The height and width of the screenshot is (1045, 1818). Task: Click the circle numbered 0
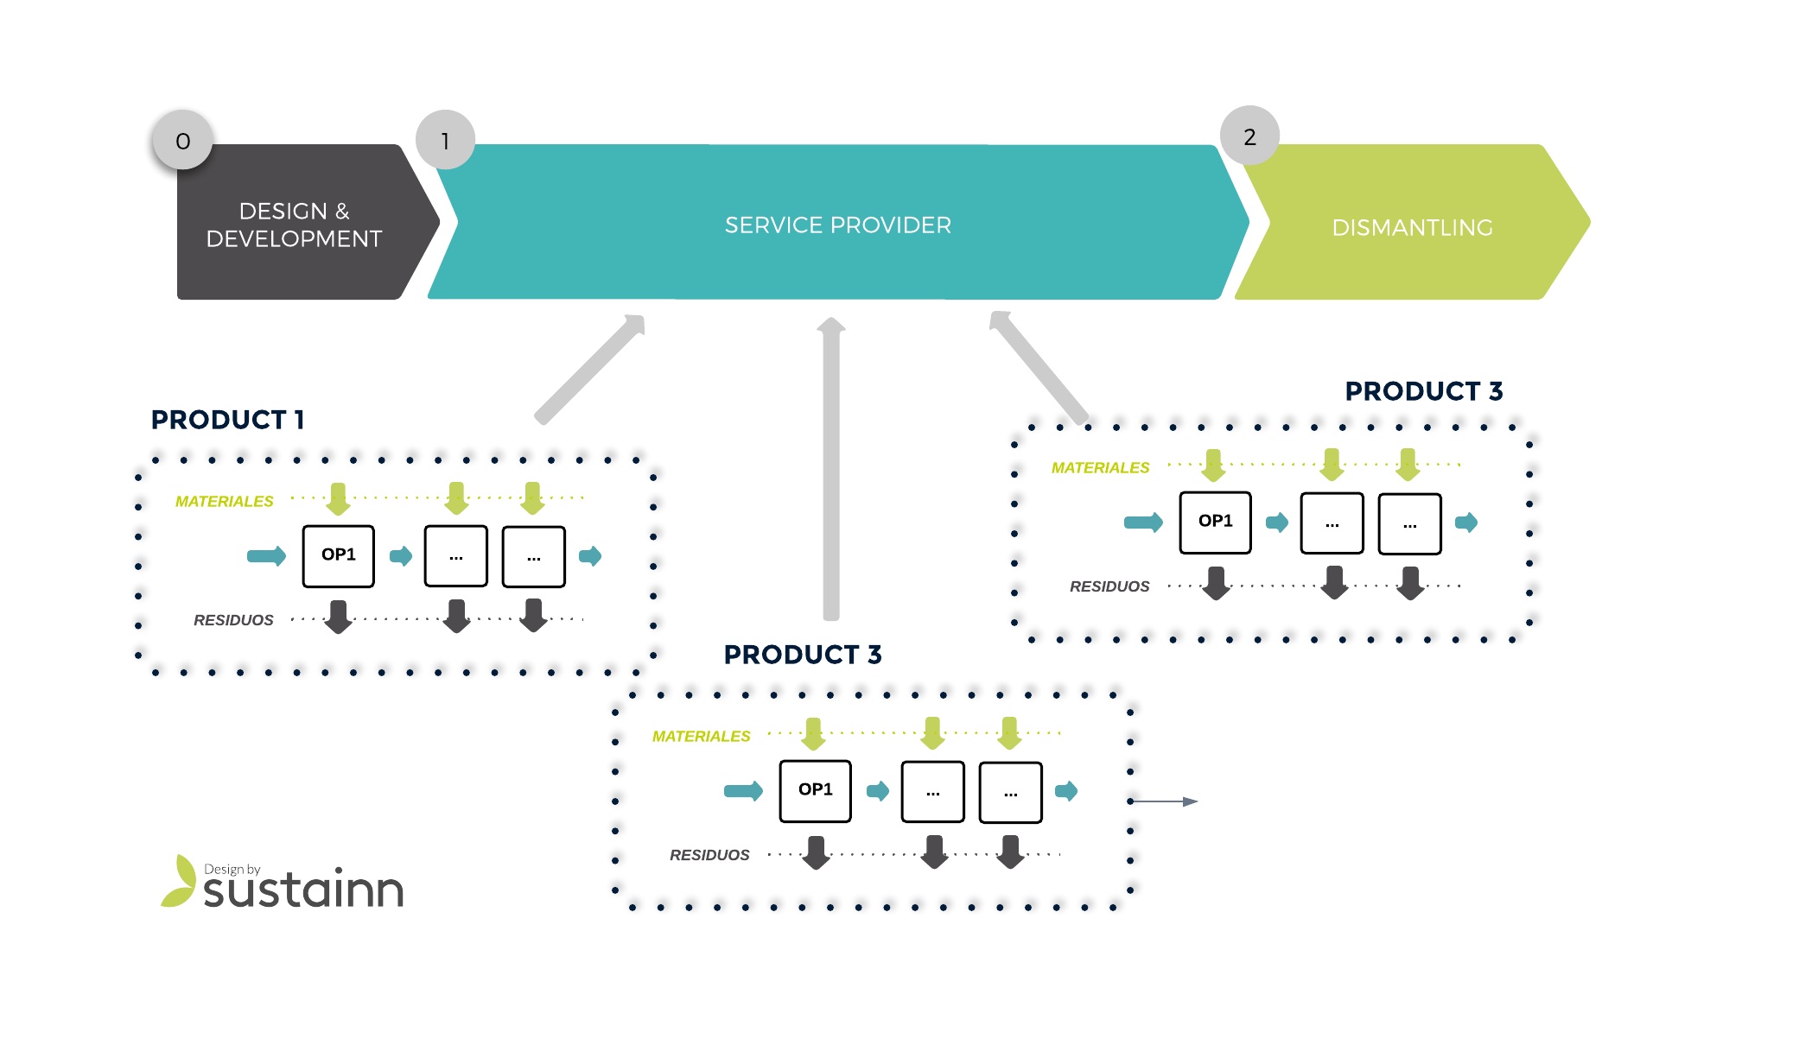pyautogui.click(x=182, y=140)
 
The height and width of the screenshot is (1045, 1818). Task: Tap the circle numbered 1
pyautogui.click(x=445, y=140)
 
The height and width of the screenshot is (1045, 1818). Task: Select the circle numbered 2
pyautogui.click(x=1249, y=136)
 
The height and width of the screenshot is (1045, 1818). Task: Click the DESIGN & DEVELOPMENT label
pyautogui.click(x=294, y=225)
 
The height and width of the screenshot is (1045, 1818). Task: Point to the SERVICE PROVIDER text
pyautogui.click(x=837, y=225)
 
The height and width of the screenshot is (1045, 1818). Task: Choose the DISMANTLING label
pyautogui.click(x=1412, y=228)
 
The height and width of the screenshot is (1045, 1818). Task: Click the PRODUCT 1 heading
pyautogui.click(x=227, y=420)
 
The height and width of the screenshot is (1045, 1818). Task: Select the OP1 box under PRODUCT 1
pyautogui.click(x=339, y=556)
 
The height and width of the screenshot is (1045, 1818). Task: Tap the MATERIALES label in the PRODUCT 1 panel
pyautogui.click(x=224, y=501)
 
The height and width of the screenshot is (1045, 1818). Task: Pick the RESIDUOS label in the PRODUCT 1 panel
pyautogui.click(x=233, y=620)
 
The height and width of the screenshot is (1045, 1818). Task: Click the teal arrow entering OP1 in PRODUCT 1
pyautogui.click(x=266, y=555)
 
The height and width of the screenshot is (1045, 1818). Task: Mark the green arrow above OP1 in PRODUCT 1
pyautogui.click(x=339, y=499)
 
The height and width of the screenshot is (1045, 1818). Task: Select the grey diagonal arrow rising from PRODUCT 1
pyautogui.click(x=591, y=369)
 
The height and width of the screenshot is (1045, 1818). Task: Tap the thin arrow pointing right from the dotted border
pyautogui.click(x=1164, y=801)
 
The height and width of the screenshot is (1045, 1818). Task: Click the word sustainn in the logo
pyautogui.click(x=303, y=890)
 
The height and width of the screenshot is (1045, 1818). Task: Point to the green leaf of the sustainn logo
pyautogui.click(x=179, y=881)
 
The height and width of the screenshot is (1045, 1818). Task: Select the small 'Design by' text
pyautogui.click(x=232, y=870)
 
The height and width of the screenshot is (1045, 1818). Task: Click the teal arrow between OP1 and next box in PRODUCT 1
pyautogui.click(x=401, y=555)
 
